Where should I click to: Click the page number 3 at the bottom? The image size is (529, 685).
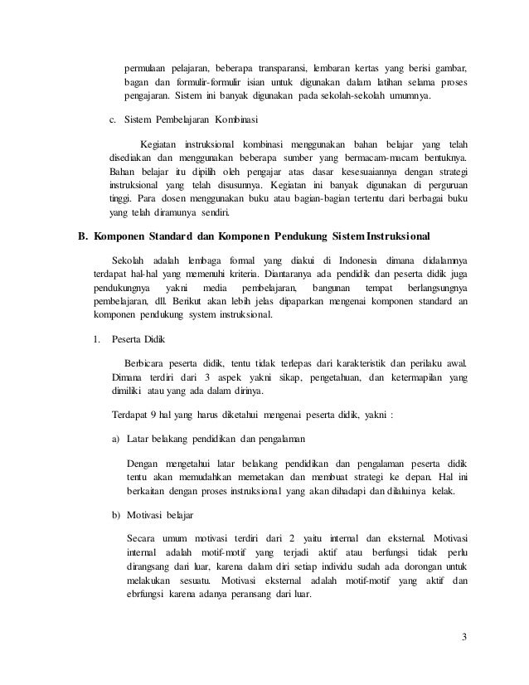[x=464, y=638]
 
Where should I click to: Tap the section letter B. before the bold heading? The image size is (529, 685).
[x=82, y=235]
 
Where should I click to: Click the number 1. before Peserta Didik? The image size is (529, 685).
[x=96, y=338]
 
